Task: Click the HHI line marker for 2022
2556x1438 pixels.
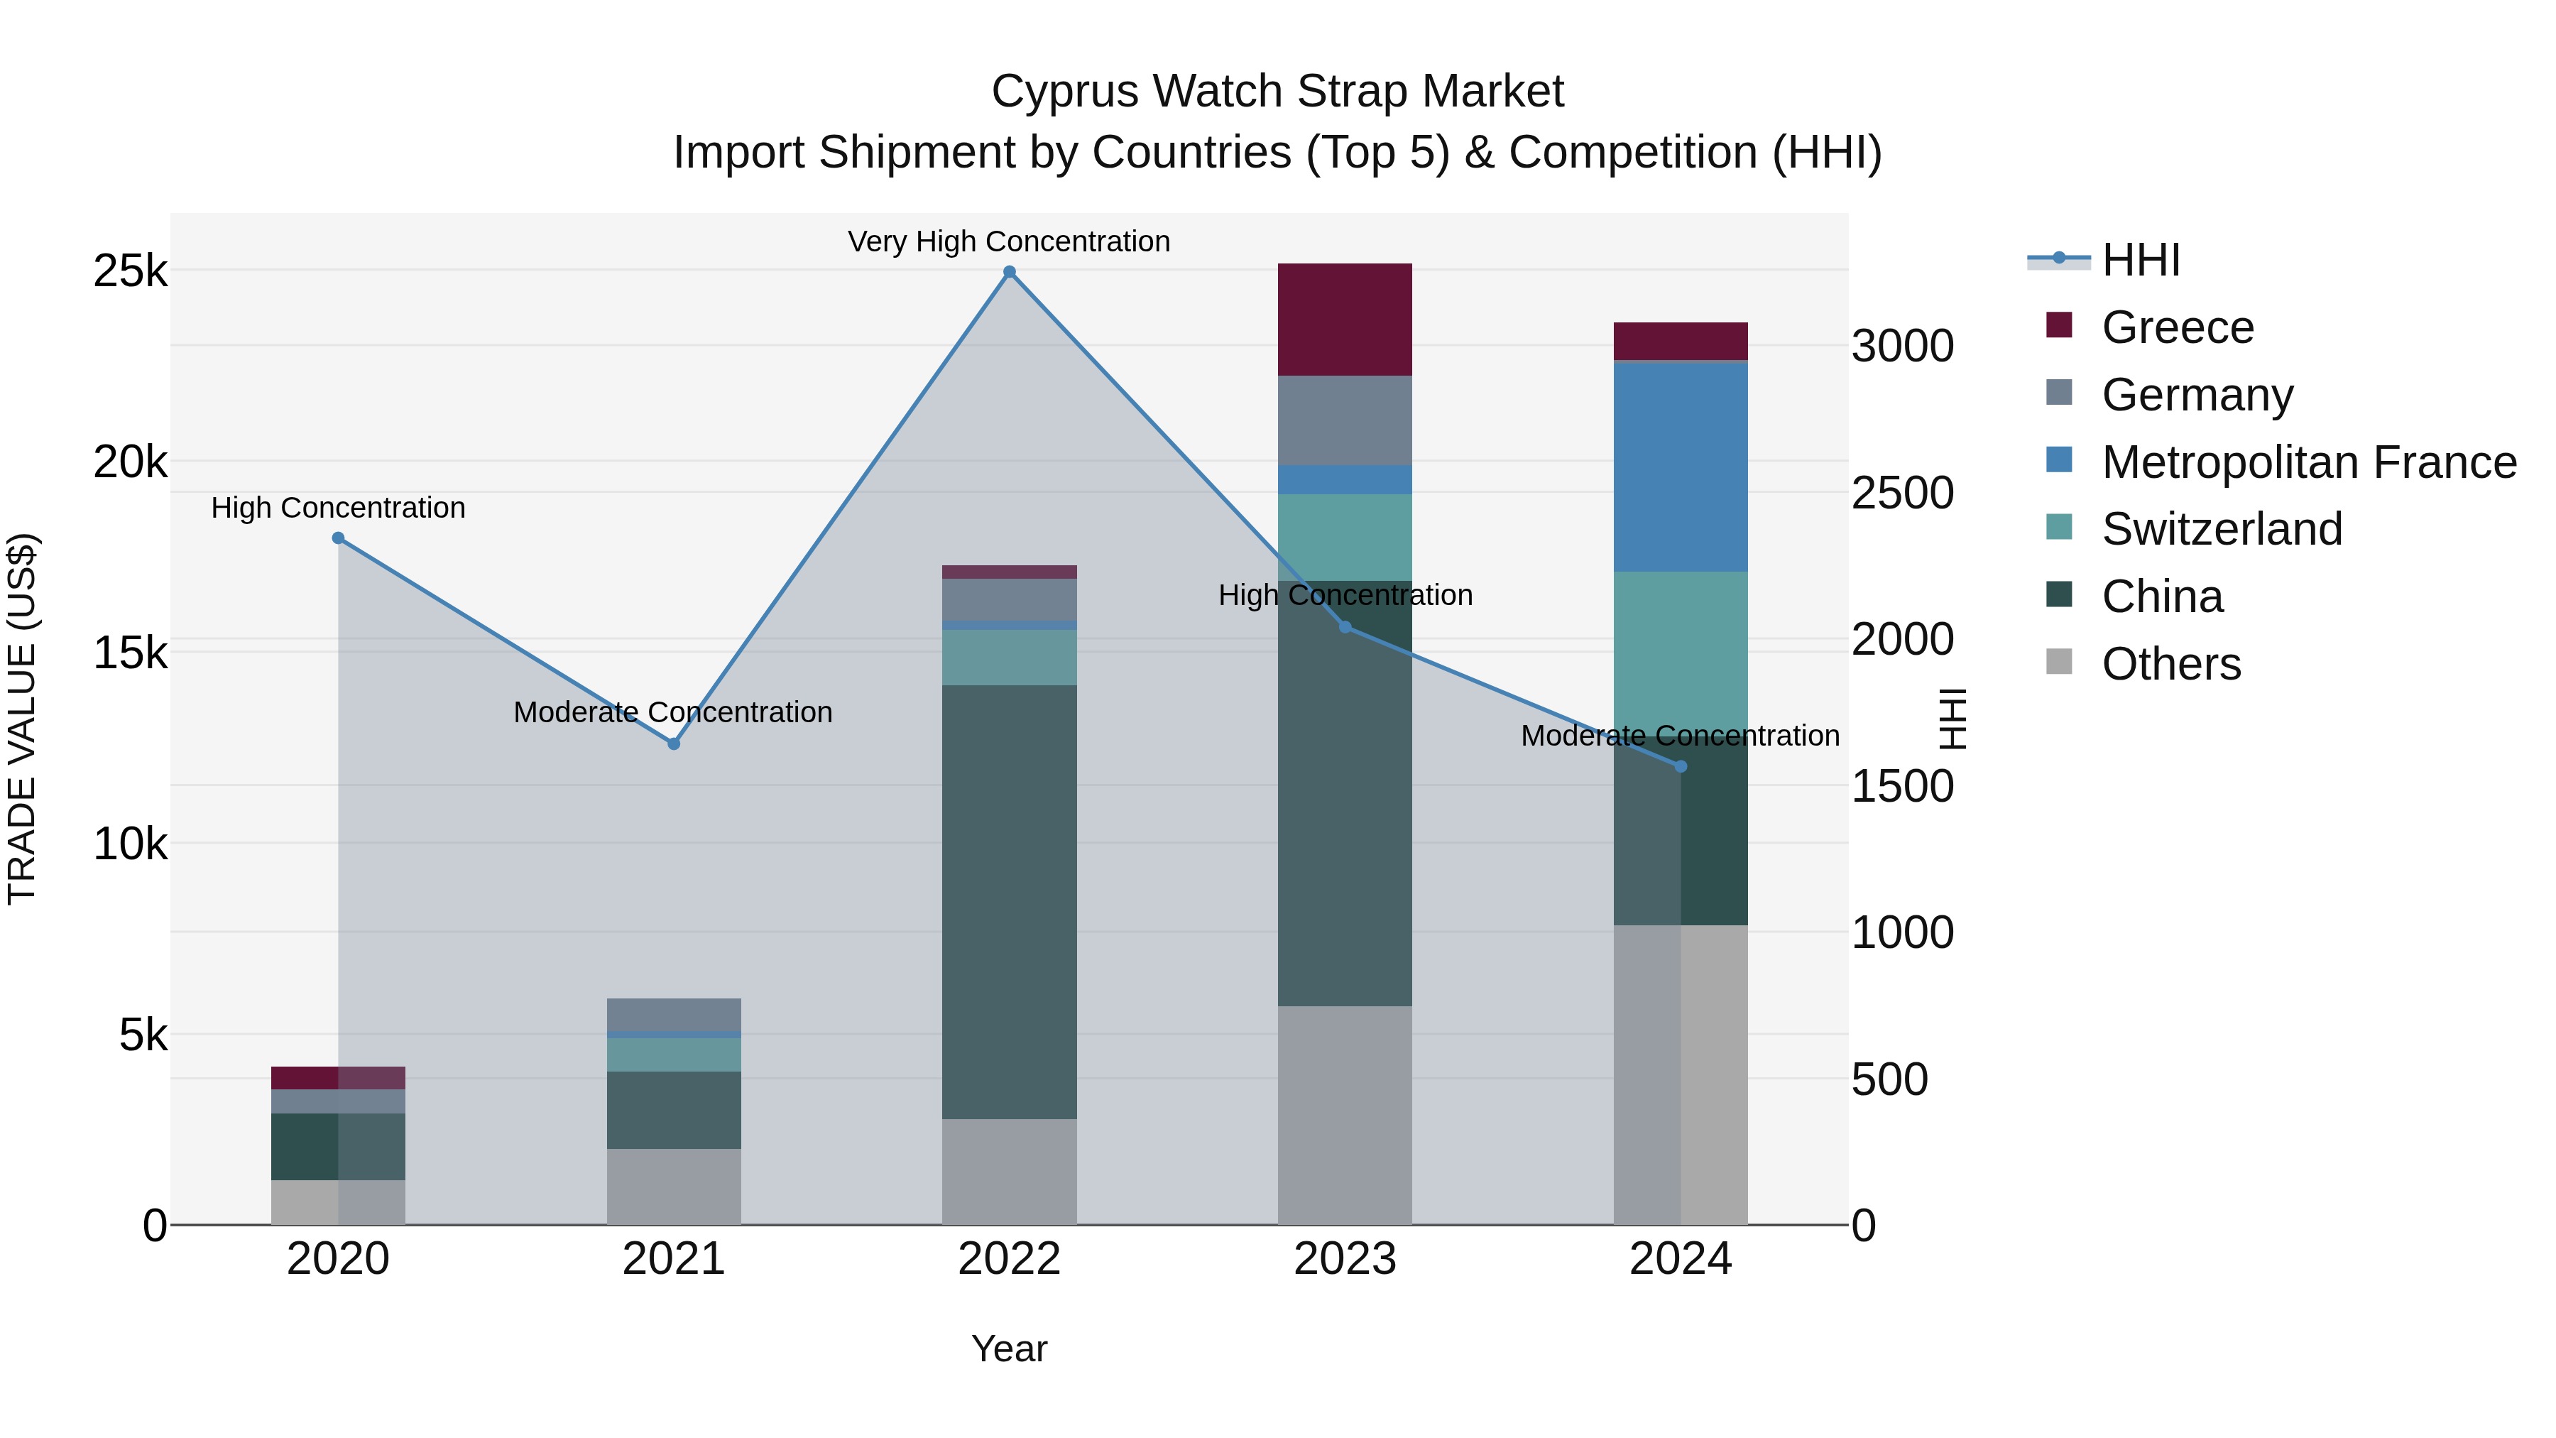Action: click(1009, 272)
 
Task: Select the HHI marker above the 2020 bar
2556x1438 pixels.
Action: click(339, 538)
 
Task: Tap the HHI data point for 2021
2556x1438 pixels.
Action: click(674, 743)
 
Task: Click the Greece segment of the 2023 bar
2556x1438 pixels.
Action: click(1345, 320)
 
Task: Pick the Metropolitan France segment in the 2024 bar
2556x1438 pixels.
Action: click(1680, 467)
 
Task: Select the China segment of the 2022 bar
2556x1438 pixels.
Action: click(1009, 901)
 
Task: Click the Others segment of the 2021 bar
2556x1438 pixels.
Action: click(674, 1186)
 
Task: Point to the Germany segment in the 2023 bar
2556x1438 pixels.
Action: click(1345, 420)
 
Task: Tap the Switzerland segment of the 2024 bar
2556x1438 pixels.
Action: click(1680, 650)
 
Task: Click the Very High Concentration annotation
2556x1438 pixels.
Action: click(1008, 241)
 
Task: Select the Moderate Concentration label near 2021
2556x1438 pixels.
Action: click(673, 712)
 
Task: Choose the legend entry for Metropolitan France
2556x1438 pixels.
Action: click(2308, 462)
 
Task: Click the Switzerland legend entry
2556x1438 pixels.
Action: click(2222, 529)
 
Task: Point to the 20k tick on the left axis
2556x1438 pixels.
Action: click(130, 462)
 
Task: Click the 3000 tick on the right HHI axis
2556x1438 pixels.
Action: click(1902, 347)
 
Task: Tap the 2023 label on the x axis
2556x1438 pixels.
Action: click(1345, 1259)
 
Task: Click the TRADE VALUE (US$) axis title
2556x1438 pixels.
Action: click(22, 719)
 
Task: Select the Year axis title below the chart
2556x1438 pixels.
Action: click(1009, 1349)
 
